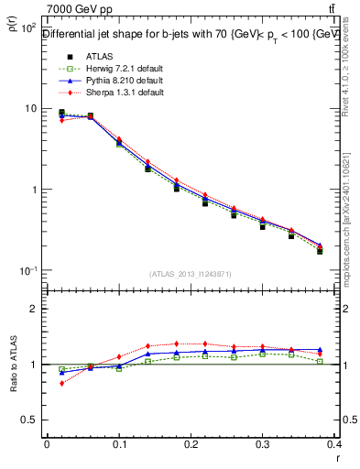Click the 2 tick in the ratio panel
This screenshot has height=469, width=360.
coord(35,309)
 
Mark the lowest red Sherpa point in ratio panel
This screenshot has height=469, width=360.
coord(61,383)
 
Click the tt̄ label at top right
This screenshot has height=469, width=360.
coord(344,9)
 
